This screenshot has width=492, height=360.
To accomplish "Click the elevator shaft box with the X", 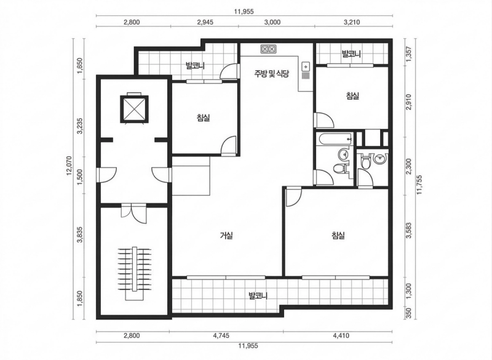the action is coord(134,109).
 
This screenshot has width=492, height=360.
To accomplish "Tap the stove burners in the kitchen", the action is coord(268,49).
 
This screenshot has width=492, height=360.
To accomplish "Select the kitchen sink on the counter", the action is coord(306,66).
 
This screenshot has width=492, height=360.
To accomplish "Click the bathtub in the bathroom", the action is coord(335,139).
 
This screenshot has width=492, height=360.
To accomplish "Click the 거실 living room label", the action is coord(226,236).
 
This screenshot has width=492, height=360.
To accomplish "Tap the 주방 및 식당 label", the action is coord(271,74).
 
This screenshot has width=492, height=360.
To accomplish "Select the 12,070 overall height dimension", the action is coord(69,166).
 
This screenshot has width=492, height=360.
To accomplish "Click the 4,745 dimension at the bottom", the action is coord(221,335).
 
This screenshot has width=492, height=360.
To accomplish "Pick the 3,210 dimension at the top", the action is coord(352,22).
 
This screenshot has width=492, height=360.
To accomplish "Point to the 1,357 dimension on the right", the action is coord(408,54).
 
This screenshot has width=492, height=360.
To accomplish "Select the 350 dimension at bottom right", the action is coord(408,314).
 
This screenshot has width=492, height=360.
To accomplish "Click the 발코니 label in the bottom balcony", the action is coord(258,295).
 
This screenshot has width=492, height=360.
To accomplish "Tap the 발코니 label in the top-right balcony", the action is coord(351,54).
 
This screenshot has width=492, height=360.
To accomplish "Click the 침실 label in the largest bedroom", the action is coord(338,236).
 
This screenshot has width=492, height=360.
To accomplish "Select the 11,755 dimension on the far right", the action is coord(419,185).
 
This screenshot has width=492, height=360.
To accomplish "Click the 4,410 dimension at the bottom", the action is coord(341,335).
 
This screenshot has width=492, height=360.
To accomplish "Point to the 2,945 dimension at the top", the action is coord(205,22).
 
